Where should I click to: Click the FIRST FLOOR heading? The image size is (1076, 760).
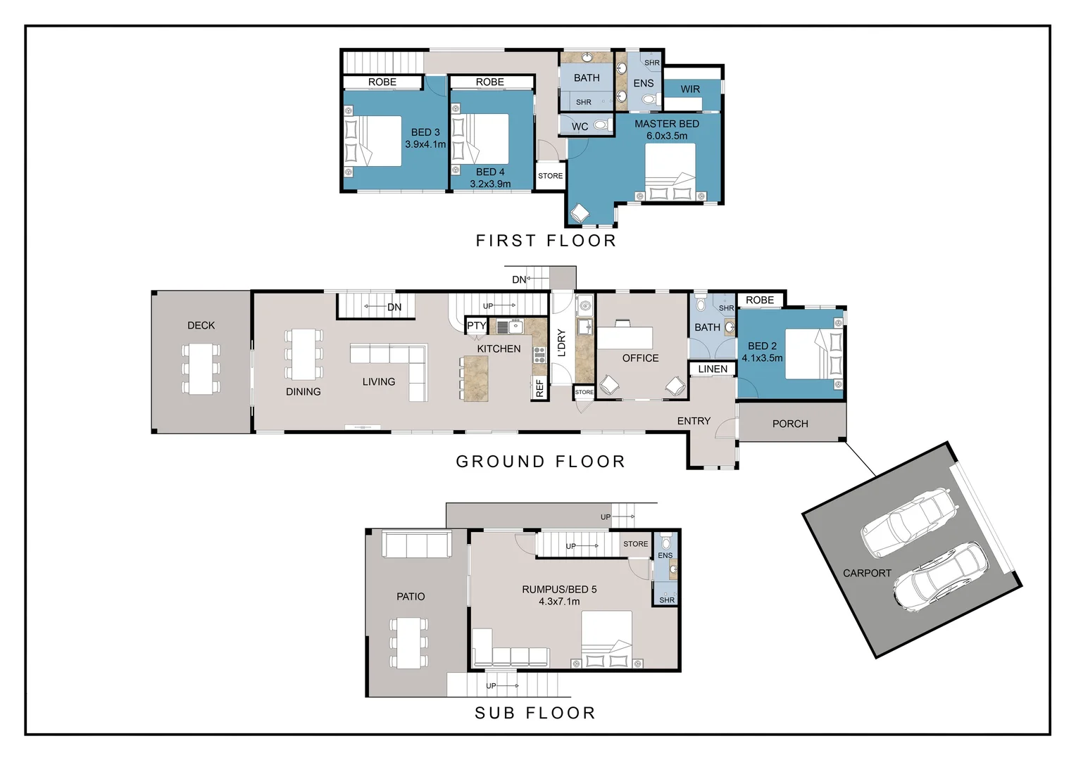(546, 241)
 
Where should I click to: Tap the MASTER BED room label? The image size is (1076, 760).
(667, 124)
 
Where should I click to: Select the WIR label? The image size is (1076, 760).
(690, 89)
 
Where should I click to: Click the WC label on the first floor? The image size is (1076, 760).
(580, 127)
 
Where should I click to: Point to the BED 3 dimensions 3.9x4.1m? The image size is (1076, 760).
(425, 144)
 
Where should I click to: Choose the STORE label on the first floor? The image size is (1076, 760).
(551, 176)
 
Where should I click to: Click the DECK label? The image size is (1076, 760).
(201, 326)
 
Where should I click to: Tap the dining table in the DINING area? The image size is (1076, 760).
(304, 354)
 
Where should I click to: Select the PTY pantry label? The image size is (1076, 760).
(477, 326)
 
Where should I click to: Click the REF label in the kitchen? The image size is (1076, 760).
(539, 388)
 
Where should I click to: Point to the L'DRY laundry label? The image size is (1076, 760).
(561, 343)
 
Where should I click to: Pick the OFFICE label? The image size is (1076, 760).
(640, 358)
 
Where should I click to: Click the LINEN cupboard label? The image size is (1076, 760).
(713, 369)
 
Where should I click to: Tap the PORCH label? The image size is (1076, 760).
(790, 424)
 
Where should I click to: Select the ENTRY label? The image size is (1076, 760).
(694, 421)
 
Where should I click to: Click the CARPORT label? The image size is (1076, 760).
(867, 574)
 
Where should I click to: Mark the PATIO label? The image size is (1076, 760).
(411, 597)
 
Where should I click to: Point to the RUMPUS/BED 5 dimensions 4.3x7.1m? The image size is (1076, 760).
(559, 602)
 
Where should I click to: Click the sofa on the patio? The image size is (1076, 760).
(416, 544)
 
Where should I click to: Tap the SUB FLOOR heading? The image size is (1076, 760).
(535, 713)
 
